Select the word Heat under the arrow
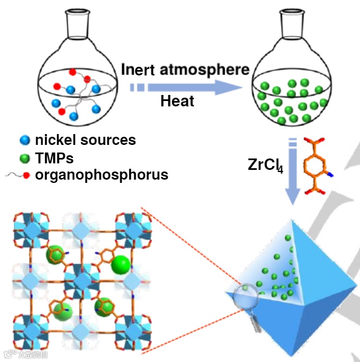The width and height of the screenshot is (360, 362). click(x=177, y=101)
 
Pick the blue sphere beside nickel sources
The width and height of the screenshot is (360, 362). click(x=24, y=140)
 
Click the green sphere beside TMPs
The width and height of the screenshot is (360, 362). click(x=24, y=158)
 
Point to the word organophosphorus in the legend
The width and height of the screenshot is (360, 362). click(x=102, y=175)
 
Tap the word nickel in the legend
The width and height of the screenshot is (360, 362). click(x=56, y=139)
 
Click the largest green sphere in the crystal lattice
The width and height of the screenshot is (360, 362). click(x=121, y=265)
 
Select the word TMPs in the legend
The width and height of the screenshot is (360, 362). click(x=54, y=158)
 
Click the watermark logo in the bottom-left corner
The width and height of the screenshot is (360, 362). click(x=24, y=354)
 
